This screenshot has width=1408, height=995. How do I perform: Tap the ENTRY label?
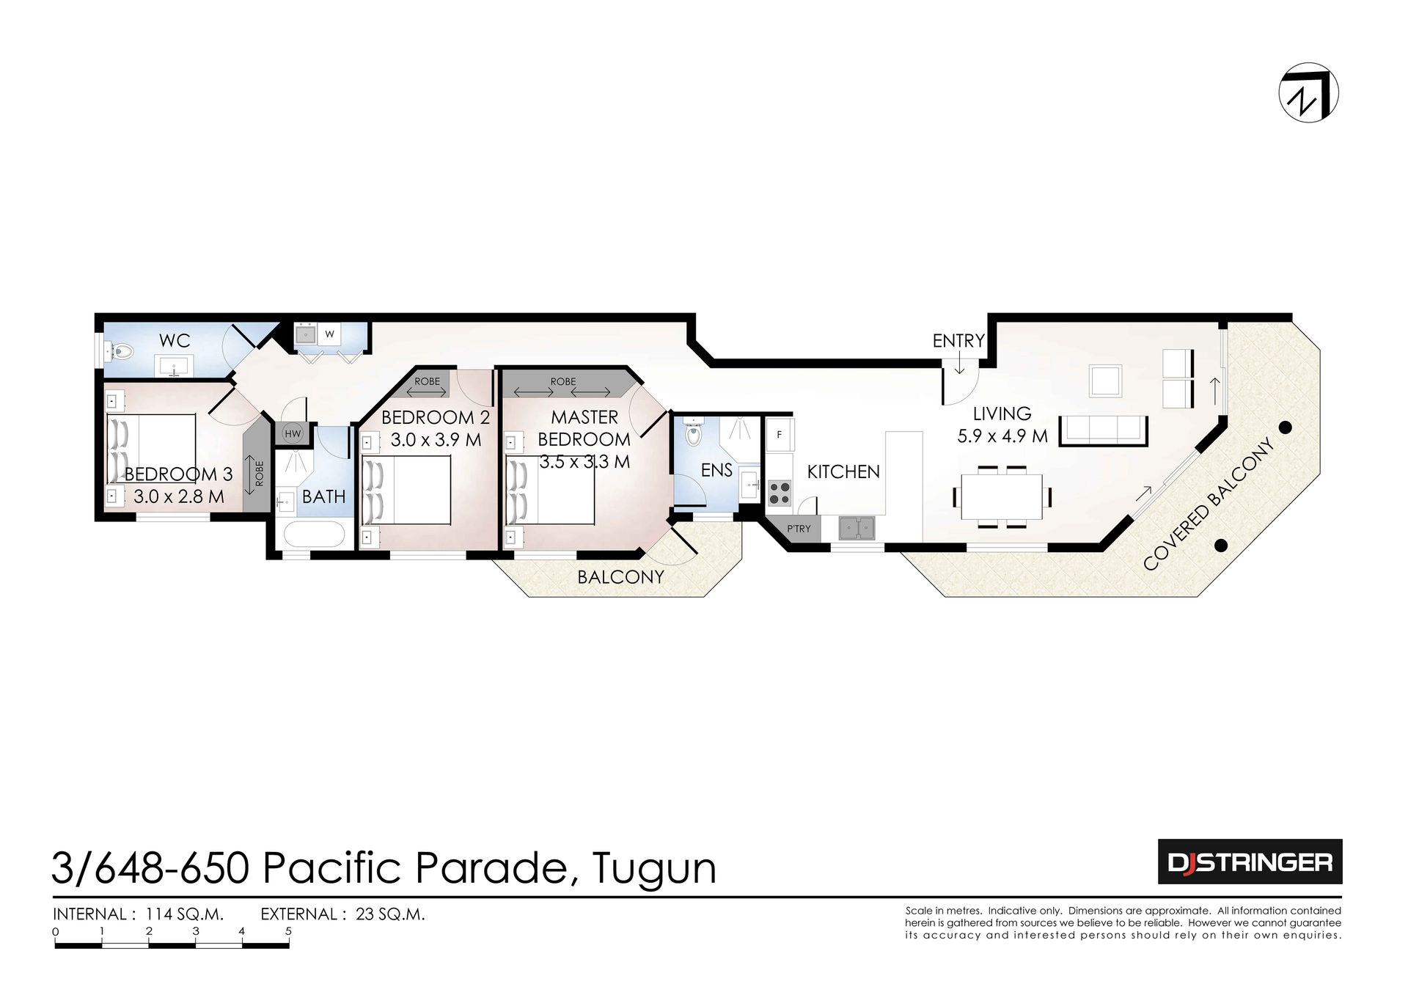coord(958,341)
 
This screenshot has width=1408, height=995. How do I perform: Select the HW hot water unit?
coord(293,434)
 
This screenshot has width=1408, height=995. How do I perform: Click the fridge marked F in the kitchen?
coord(780,435)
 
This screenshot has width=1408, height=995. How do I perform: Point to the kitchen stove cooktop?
coord(780,492)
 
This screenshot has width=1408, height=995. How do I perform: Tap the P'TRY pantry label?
coord(799,529)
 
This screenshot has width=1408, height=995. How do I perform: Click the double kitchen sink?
coord(857,528)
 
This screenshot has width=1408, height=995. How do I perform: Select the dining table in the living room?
coord(1002,496)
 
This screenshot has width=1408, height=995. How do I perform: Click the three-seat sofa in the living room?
coord(1104,430)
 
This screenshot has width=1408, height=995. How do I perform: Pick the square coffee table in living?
coord(1105,381)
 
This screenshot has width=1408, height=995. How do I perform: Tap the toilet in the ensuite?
coord(692,433)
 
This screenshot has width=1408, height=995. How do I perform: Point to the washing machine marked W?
coord(330,334)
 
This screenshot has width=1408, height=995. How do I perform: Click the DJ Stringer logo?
coord(1250,862)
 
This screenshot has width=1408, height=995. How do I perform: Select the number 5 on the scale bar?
coord(289,931)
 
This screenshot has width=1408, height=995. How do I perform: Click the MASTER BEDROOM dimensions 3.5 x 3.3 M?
coord(584,462)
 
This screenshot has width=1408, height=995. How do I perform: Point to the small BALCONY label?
coord(620,577)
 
